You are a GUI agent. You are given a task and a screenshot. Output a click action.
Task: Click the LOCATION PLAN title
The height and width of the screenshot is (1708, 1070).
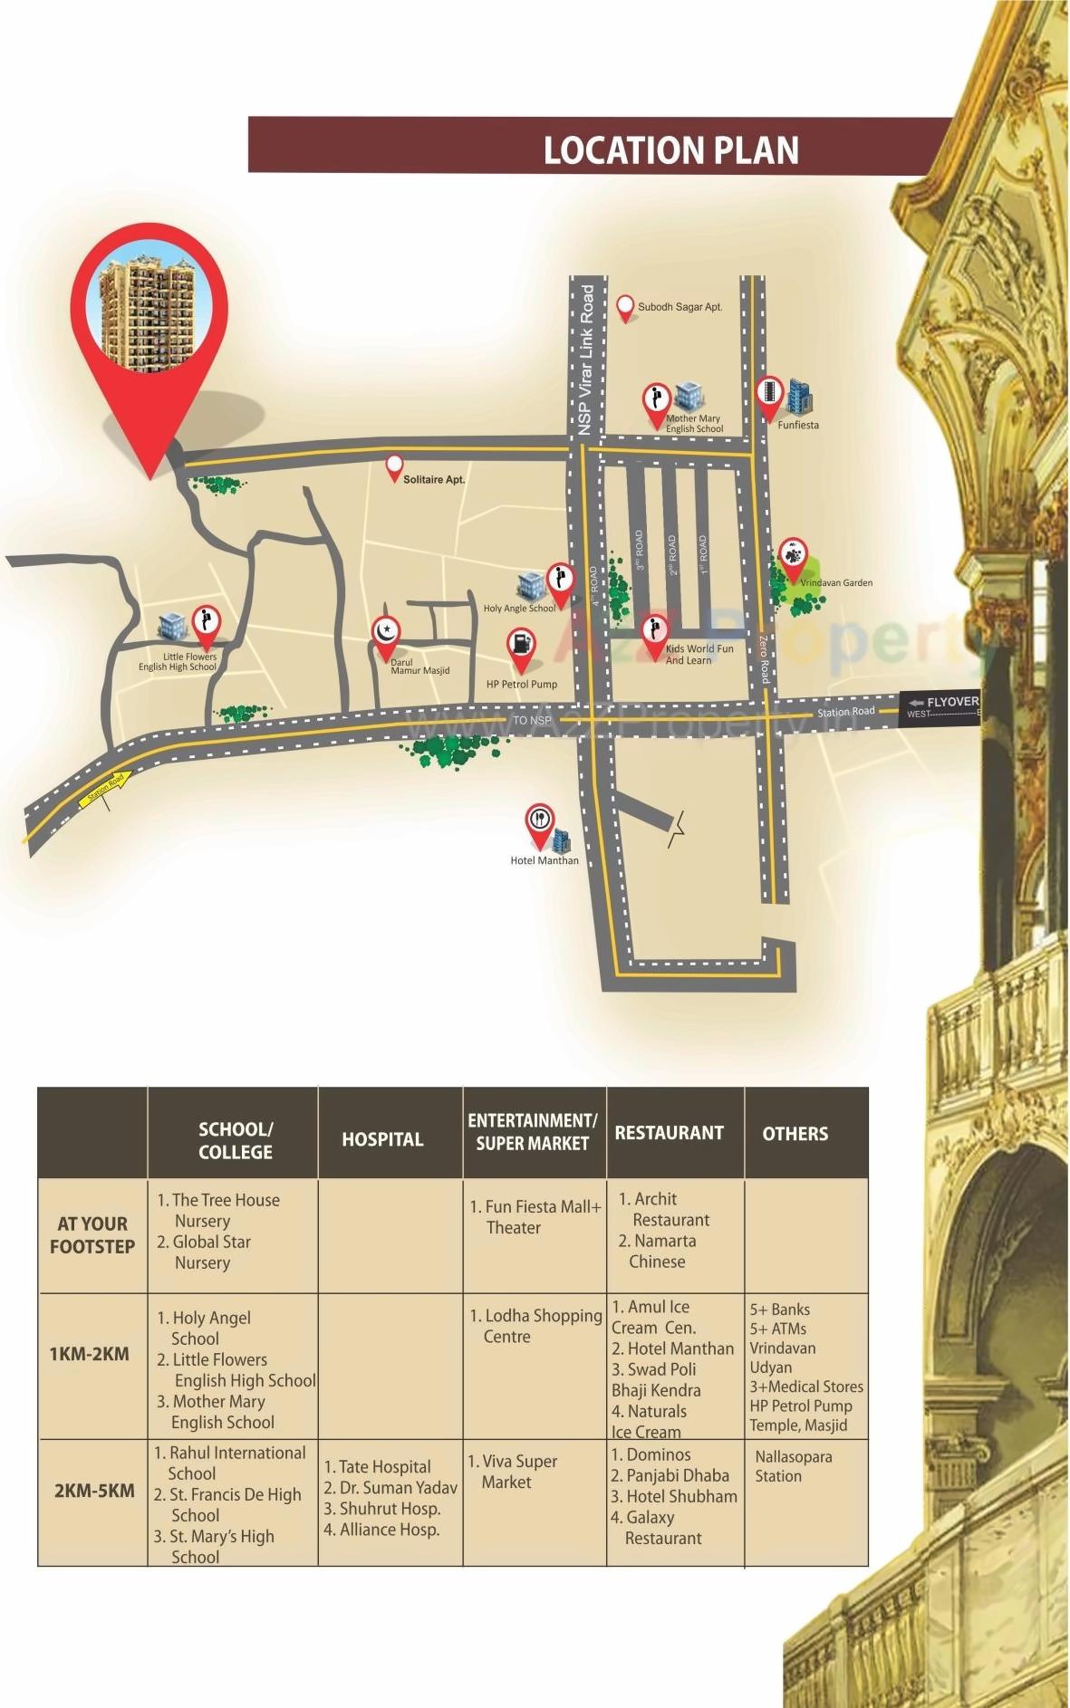[x=670, y=150]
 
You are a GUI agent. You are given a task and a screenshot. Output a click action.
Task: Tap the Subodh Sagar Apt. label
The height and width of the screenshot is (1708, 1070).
[x=680, y=307]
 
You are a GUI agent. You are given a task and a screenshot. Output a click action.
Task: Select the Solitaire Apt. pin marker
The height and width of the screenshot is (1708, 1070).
[x=393, y=467]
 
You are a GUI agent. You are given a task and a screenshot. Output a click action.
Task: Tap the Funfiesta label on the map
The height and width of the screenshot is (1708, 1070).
[x=797, y=425]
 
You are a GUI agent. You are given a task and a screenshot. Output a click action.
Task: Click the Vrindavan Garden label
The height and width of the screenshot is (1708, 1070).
[x=836, y=582]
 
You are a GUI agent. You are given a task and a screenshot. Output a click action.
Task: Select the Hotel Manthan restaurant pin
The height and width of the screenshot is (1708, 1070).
[x=540, y=823]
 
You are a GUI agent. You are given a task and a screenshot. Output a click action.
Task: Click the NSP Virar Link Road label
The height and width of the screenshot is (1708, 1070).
[x=586, y=360]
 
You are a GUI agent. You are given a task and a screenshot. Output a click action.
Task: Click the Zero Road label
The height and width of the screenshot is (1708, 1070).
[x=765, y=658]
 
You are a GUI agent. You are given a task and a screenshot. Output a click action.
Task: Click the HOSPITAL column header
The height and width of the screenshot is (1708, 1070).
[x=382, y=1139]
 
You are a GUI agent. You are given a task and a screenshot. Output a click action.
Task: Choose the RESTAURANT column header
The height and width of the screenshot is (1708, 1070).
[x=669, y=1133]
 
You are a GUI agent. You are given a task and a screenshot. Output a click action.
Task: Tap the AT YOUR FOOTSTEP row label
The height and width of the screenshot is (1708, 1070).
[x=92, y=1234]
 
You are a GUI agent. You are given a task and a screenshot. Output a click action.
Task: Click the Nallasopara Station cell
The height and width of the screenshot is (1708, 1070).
[x=793, y=1465]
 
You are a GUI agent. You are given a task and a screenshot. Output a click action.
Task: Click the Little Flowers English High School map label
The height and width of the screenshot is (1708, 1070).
[x=178, y=662]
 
